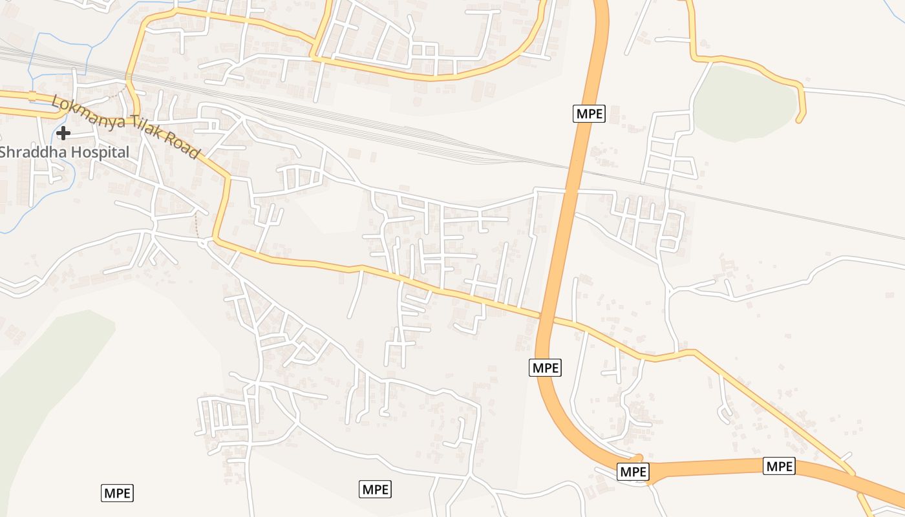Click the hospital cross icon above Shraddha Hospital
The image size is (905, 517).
coord(63,133)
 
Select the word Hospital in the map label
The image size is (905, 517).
coord(100,153)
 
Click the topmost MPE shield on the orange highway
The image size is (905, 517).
coord(589,114)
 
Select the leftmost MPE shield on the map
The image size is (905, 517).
coord(117,493)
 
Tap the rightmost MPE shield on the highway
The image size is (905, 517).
coord(779,466)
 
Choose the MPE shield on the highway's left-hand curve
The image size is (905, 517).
coord(546,368)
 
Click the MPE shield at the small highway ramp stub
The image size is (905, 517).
coord(633,472)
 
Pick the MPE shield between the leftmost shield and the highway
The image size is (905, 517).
coord(376,489)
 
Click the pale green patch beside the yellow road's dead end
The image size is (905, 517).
coord(743,103)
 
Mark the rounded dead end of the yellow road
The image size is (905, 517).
coord(800,119)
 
